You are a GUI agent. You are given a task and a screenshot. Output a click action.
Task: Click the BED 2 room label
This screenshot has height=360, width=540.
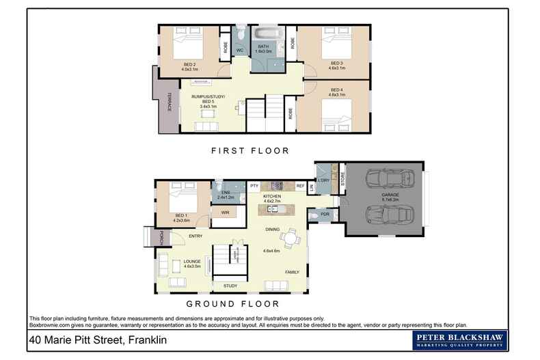coord(189,66)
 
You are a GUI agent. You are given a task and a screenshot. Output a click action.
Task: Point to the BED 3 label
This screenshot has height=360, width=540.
coord(336,66)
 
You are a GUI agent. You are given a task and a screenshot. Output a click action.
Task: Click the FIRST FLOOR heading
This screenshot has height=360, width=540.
coord(249,151)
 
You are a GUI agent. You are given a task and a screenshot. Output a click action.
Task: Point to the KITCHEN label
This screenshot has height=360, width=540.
coord(276,196)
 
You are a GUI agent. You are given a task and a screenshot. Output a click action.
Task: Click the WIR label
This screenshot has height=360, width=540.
coord(224,212)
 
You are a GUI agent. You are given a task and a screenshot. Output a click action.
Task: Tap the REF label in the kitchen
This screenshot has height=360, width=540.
coord(299,186)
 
